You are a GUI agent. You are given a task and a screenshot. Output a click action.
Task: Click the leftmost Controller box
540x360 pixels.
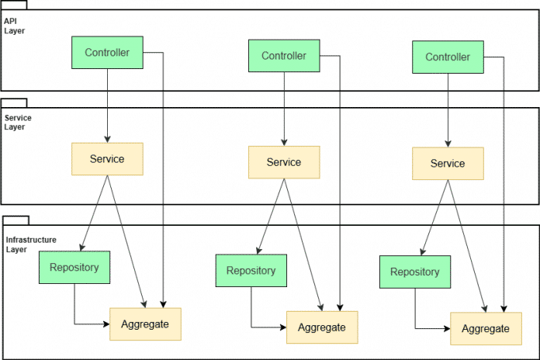coord(107,53)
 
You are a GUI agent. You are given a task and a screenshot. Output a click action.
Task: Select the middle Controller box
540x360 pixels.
coord(284,56)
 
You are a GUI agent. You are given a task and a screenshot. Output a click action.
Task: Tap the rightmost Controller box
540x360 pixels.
coord(448,57)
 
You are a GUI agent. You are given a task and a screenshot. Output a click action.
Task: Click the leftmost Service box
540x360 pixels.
coord(107,158)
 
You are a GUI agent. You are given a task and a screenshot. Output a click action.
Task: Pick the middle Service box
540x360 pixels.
coord(284,162)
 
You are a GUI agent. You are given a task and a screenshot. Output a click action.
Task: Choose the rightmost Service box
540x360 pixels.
coord(448,163)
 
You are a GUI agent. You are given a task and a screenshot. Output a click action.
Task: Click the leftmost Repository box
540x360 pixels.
coord(74,268)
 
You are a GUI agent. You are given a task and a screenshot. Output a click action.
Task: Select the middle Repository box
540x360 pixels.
coord(251,271)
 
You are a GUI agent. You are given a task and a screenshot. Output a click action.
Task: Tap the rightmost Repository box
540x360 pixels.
coord(414,272)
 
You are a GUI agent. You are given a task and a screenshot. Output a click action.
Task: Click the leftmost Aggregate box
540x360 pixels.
coord(145,324)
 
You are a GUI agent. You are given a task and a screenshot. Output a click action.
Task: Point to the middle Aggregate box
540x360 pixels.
coord(322,327)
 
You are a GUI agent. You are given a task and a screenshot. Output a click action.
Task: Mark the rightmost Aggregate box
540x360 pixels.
coord(486,328)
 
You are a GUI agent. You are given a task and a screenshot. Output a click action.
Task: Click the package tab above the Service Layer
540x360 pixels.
coord(14,102)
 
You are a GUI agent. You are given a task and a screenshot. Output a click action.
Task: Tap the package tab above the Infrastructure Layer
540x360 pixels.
coord(16,221)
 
